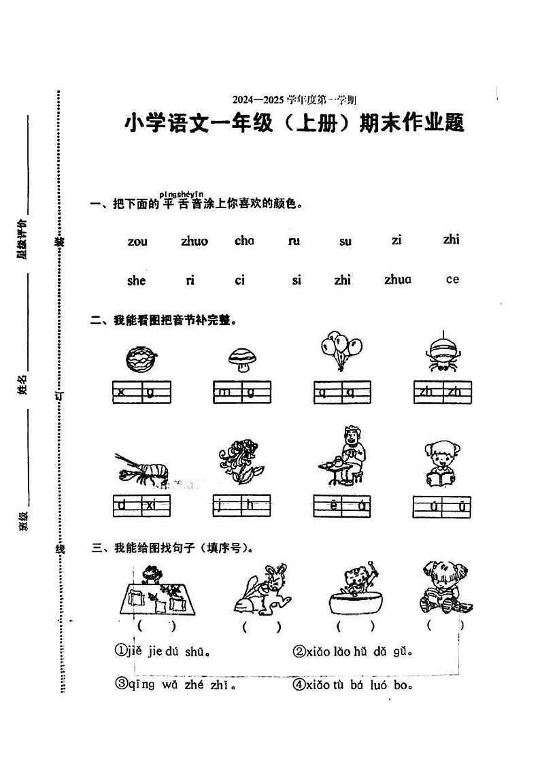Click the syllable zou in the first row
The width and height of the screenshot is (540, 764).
137,241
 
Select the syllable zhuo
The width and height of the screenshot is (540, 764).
195,241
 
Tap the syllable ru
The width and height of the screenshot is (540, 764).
294,240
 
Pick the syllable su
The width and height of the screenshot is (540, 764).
345,241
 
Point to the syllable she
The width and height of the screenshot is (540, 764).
136,280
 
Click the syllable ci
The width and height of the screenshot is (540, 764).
239,280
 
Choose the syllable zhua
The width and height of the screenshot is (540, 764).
398,279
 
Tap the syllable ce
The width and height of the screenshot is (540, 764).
452,279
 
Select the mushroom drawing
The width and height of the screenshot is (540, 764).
240,359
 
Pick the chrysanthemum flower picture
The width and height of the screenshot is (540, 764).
239,463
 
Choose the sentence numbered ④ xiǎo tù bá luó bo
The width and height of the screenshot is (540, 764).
353,684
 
